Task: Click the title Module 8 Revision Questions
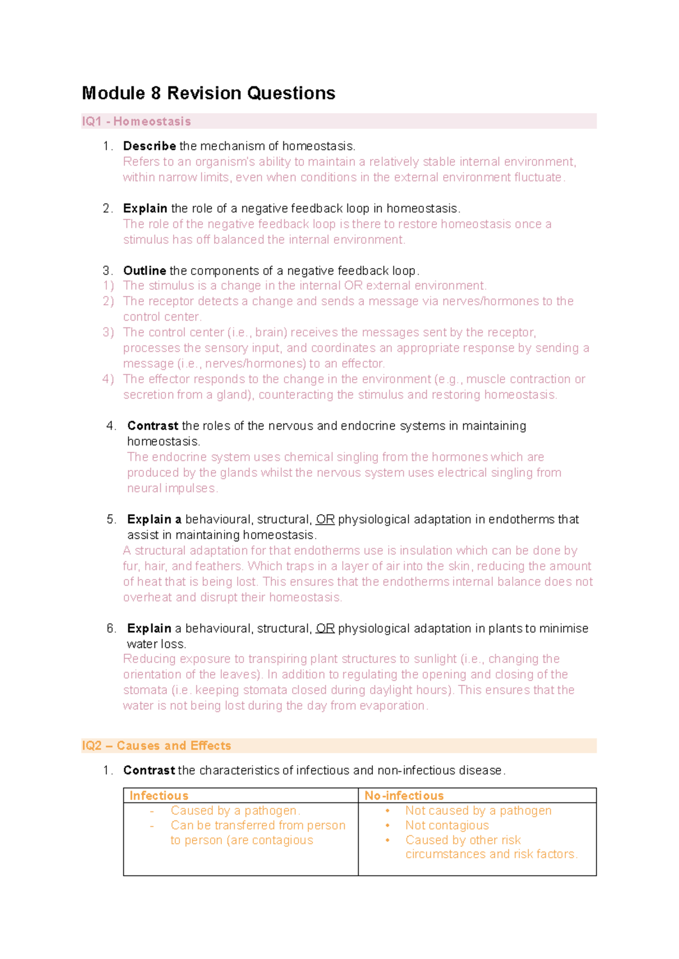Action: [x=208, y=93]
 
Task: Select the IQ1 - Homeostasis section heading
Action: [x=136, y=122]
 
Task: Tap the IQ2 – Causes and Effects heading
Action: [x=156, y=746]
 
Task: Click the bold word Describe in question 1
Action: [x=149, y=146]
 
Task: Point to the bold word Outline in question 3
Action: [x=144, y=271]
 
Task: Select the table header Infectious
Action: [x=158, y=796]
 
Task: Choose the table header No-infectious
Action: [x=404, y=796]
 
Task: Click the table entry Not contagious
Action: [x=446, y=826]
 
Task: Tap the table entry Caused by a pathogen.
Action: [x=235, y=811]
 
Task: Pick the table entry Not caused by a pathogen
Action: [x=478, y=811]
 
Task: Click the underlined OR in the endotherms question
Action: [x=325, y=520]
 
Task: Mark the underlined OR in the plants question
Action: [x=325, y=629]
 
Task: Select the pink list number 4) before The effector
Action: [x=108, y=379]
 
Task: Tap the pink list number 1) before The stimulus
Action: [x=108, y=286]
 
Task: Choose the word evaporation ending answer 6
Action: [x=396, y=706]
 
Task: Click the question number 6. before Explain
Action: [x=111, y=629]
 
